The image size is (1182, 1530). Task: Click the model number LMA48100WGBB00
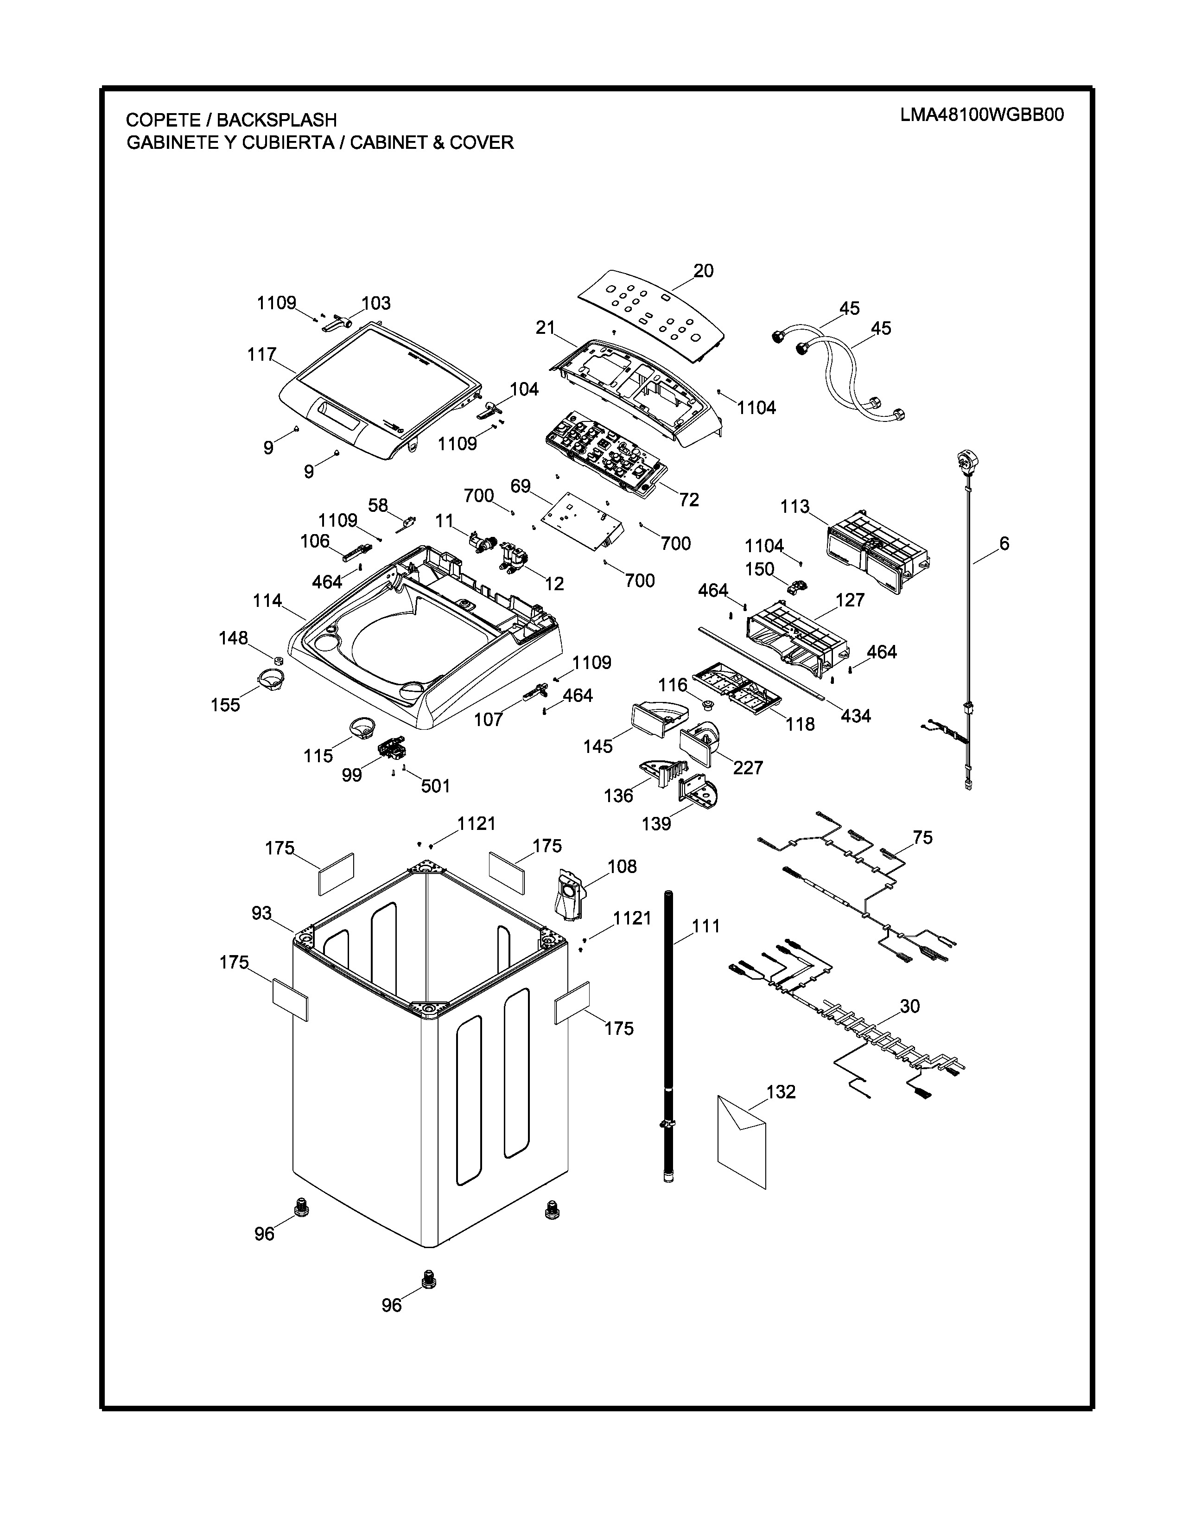click(982, 115)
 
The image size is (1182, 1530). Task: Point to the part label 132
click(781, 1092)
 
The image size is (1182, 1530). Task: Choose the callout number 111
click(706, 926)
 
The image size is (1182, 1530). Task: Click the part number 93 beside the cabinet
click(262, 913)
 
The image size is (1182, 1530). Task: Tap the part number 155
click(225, 705)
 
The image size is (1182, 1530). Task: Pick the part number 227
click(748, 768)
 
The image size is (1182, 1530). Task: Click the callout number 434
click(856, 715)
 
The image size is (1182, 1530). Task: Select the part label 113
click(795, 506)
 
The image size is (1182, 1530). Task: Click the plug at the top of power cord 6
click(967, 461)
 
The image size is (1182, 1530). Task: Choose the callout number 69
click(520, 485)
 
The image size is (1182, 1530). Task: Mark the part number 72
click(689, 499)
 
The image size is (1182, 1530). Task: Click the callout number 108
click(622, 867)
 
